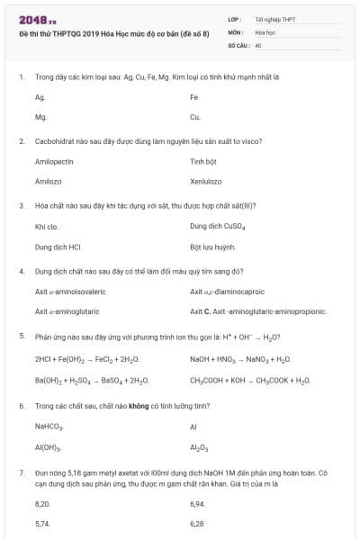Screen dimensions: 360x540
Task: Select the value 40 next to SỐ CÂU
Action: point(258,44)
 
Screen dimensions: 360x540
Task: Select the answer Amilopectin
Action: point(54,162)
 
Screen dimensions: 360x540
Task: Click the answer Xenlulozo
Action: point(205,182)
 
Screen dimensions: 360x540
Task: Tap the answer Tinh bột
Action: point(204,162)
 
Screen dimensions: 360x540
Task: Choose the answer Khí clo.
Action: point(47,227)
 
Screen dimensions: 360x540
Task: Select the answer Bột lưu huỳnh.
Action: point(213,247)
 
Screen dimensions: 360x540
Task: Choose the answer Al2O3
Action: point(199,447)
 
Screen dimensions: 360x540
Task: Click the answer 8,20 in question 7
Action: point(42,505)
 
